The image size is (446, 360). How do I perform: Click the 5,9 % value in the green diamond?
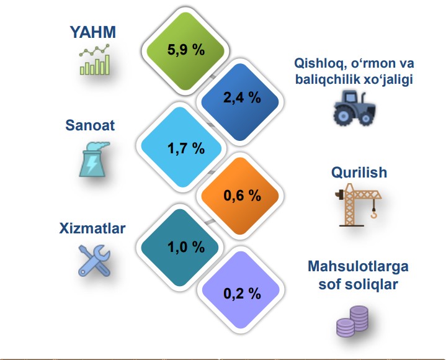click(186, 50)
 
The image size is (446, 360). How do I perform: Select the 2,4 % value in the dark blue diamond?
click(242, 97)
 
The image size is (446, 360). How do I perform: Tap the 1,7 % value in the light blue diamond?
click(186, 148)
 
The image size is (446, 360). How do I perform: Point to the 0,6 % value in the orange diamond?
click(242, 196)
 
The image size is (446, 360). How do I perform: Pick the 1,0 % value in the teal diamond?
click(186, 247)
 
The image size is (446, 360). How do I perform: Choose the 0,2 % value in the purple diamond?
click(242, 294)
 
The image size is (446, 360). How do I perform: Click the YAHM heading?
click(93, 32)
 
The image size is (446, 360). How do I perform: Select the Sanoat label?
click(90, 125)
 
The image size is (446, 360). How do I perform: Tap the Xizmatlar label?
click(92, 228)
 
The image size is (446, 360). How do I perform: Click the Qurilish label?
click(359, 173)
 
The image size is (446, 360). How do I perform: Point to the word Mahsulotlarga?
click(358, 266)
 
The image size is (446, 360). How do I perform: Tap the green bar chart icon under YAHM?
click(95, 60)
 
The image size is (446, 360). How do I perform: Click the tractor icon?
click(354, 109)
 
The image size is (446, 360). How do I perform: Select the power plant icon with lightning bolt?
click(93, 160)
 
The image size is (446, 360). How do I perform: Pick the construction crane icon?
click(359, 205)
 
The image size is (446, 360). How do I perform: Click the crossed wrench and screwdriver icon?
click(94, 261)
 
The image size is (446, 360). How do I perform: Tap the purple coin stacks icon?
click(352, 322)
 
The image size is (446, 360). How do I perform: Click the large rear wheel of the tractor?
click(343, 116)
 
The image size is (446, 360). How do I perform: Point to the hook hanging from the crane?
click(373, 213)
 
